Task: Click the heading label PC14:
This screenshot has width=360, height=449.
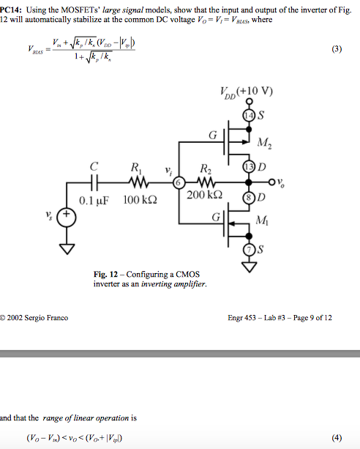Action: pos(13,7)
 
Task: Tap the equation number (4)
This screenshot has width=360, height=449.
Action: pos(336,438)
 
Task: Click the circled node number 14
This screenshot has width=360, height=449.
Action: pos(247,115)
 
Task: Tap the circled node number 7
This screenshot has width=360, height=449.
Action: pos(247,251)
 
